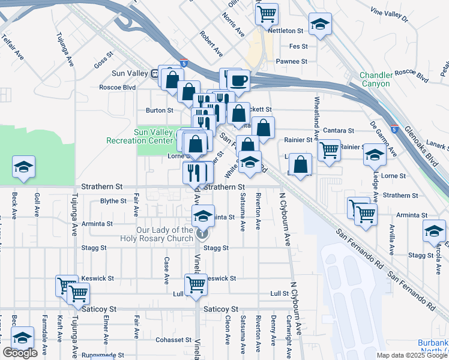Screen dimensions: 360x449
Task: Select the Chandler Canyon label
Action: coord(375,79)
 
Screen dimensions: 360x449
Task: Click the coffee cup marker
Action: coord(238,80)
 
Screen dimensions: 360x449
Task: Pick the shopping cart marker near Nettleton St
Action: coord(267,14)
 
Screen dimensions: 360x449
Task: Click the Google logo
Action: coord(20,353)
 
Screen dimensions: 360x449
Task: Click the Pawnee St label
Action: coord(291,61)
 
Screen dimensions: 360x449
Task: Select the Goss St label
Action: coord(104,62)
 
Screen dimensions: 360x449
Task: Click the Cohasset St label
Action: coord(173,340)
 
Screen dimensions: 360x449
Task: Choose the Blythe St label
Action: coord(113,201)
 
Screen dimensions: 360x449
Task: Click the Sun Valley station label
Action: coord(130,74)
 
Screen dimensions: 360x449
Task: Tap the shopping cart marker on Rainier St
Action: coord(328,149)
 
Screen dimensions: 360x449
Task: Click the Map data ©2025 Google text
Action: coord(412,355)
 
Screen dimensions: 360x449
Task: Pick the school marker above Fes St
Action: coord(320,25)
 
